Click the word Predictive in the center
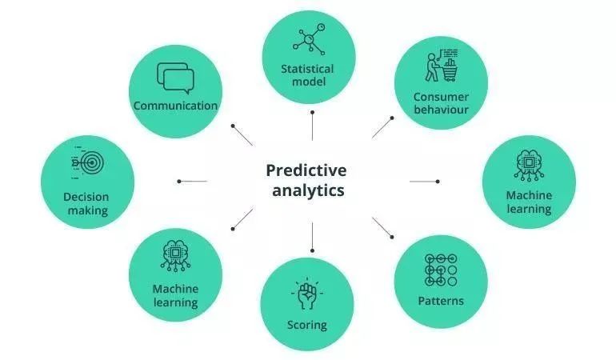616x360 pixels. (x=306, y=171)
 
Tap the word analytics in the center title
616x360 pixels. (x=308, y=190)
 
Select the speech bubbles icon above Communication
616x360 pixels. (x=176, y=78)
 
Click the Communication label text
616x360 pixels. (x=175, y=106)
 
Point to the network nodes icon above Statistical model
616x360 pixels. (x=309, y=39)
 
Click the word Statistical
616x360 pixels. (x=307, y=69)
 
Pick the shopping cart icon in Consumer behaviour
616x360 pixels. (x=450, y=70)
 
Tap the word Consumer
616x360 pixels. (x=441, y=97)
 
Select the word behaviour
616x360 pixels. (x=441, y=110)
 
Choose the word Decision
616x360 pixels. (x=86, y=197)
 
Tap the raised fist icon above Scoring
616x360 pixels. (x=307, y=294)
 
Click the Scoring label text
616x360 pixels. (x=307, y=326)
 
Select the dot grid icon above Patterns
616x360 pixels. (x=441, y=270)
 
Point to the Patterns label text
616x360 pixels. (x=441, y=301)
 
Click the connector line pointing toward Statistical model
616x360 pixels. (x=312, y=126)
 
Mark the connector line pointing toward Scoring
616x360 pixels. (x=312, y=237)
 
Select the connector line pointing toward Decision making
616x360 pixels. (x=192, y=181)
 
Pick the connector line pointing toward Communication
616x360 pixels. (x=242, y=135)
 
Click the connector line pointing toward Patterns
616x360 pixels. (x=382, y=227)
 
